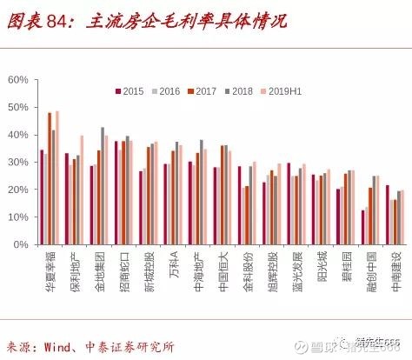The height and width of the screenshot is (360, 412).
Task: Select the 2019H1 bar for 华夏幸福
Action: [x=57, y=177]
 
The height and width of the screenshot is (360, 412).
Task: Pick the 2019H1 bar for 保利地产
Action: [x=82, y=190]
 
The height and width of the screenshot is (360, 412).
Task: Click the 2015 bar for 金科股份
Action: [x=239, y=205]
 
